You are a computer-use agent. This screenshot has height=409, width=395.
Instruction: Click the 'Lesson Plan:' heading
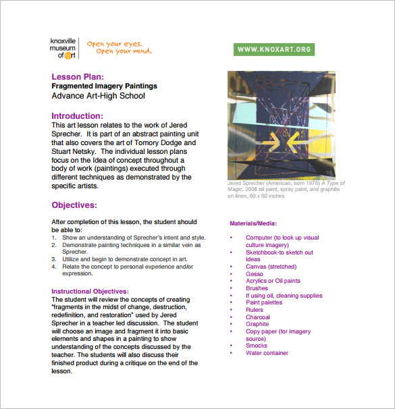78,77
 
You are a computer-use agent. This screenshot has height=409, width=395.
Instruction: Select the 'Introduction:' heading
77,115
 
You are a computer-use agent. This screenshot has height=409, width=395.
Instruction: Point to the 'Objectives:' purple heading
74,204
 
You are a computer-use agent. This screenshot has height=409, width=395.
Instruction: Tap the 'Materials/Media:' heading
253,223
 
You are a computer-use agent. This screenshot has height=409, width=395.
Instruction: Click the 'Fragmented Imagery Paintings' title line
104,86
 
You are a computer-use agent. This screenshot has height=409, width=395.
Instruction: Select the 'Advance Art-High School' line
98,96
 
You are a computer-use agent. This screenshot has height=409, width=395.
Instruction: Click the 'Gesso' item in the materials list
255,274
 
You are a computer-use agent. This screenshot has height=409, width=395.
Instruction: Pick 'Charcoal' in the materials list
257,317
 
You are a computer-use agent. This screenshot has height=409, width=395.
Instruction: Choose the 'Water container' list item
267,352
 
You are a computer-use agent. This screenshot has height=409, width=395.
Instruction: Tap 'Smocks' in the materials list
256,346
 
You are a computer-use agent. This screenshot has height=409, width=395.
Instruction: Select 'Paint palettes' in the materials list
264,302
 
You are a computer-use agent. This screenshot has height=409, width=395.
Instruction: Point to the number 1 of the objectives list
54,238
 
